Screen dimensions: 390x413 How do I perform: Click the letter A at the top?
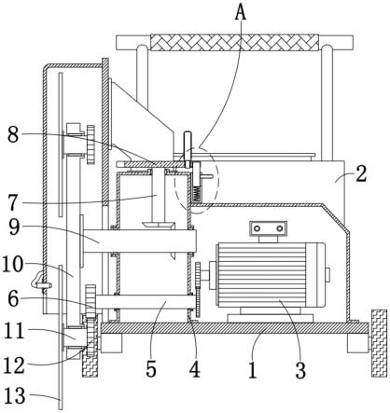click(241, 12)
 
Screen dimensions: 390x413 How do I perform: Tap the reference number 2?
click(361, 174)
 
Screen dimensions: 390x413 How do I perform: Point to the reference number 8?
click(13, 135)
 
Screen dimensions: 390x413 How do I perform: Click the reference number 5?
click(151, 369)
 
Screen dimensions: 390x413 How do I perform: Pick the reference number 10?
click(12, 266)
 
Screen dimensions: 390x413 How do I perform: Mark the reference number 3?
click(300, 370)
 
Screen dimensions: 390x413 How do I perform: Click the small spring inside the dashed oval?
click(197, 194)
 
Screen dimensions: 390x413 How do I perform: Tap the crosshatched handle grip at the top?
click(234, 42)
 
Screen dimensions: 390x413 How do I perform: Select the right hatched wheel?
click(380, 343)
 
